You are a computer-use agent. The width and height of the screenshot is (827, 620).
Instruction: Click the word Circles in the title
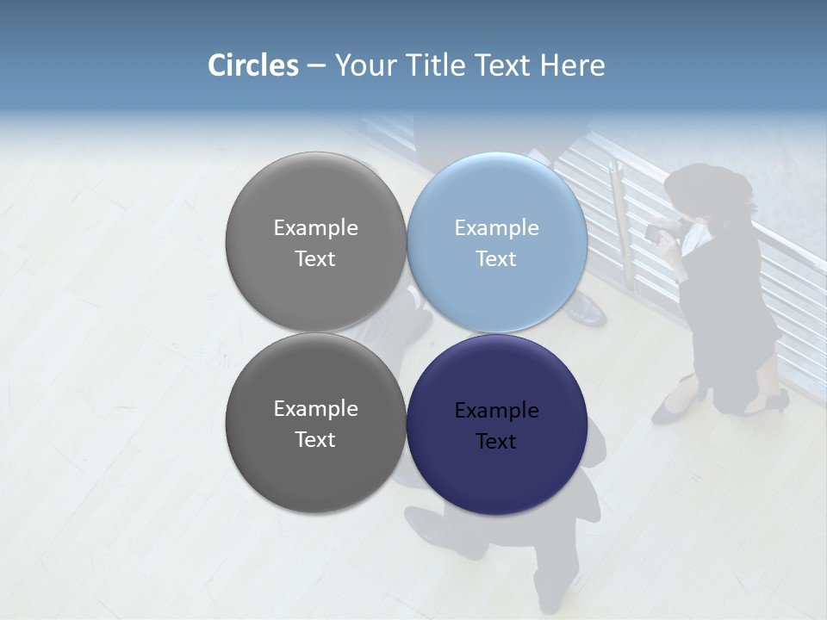coord(252,65)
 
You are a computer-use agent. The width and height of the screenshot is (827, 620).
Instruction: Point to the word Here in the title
coord(572,65)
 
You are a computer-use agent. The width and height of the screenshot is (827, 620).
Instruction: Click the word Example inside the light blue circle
coord(496,228)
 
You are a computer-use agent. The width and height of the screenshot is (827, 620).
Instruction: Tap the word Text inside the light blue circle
coord(496,259)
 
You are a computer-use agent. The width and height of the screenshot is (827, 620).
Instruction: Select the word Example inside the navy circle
coord(496,411)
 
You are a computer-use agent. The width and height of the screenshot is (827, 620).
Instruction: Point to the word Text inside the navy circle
coord(496,442)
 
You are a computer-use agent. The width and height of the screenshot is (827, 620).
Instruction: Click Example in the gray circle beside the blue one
coord(315,228)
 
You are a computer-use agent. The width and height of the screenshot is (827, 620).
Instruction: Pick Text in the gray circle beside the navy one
coord(315,440)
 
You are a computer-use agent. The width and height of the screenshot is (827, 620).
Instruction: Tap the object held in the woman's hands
coord(657,231)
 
